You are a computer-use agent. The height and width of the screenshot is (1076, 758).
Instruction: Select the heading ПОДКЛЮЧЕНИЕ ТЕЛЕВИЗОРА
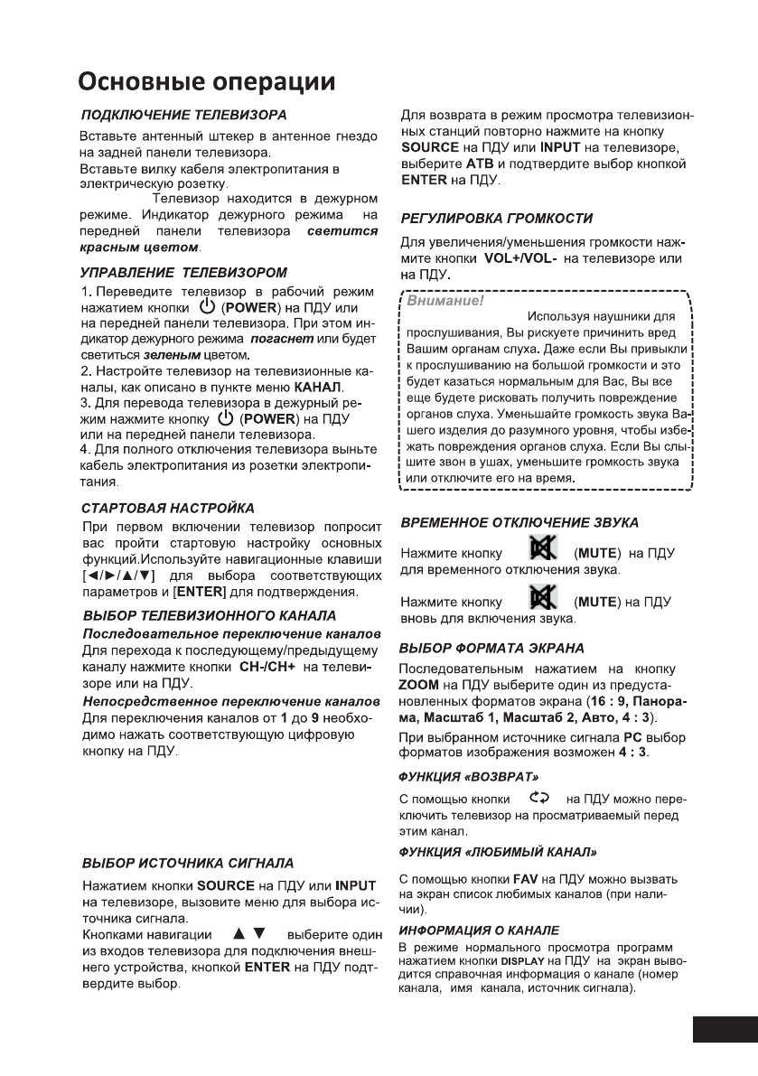[183, 116]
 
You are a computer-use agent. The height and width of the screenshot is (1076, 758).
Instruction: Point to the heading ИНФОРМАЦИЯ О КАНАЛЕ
[479, 930]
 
